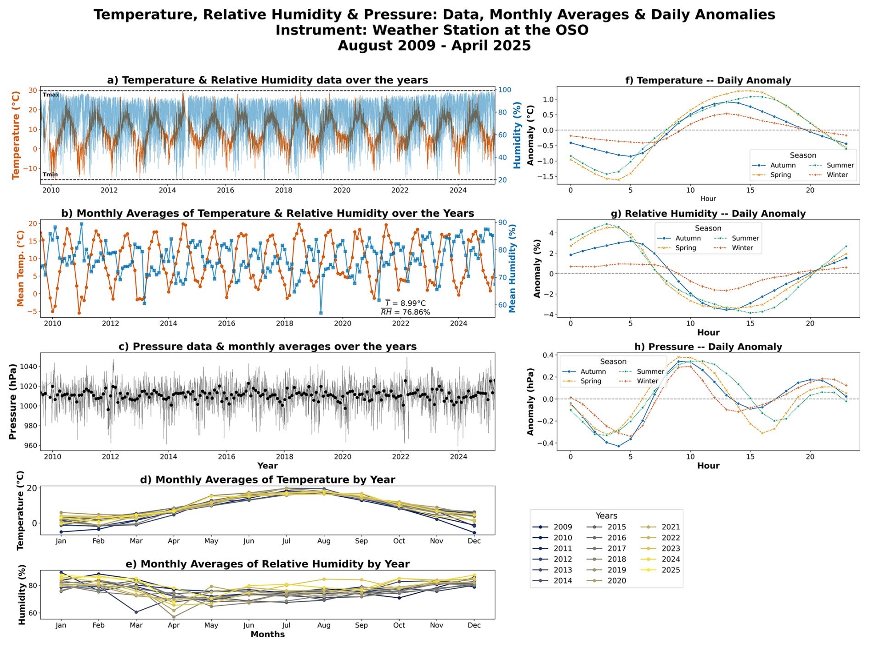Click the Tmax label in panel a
click(x=51, y=95)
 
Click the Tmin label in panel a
click(x=51, y=174)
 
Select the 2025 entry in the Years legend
click(x=671, y=570)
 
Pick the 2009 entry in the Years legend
click(x=563, y=527)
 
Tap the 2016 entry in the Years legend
click(x=616, y=538)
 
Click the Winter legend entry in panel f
click(x=837, y=175)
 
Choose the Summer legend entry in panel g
click(x=745, y=238)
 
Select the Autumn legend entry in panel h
click(x=593, y=371)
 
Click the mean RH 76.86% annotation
click(x=405, y=312)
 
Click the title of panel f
click(x=708, y=80)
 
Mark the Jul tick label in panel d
click(x=286, y=541)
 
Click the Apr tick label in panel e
click(x=174, y=625)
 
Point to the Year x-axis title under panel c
click(x=267, y=466)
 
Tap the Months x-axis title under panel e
click(x=267, y=635)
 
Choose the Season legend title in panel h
click(x=613, y=361)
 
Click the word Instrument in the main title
click(x=322, y=30)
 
